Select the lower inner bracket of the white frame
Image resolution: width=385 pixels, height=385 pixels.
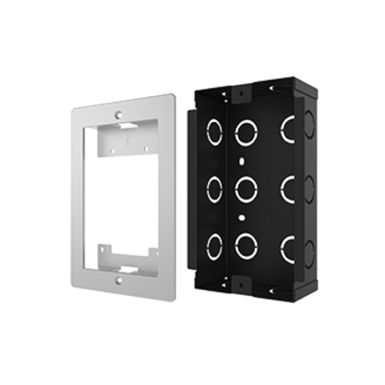pos(127,254)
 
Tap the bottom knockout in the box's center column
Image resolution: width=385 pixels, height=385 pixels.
pos(245,246)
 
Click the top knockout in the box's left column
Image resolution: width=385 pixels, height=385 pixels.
pos(213,131)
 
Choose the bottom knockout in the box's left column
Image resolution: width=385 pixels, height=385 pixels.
pos(213,245)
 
